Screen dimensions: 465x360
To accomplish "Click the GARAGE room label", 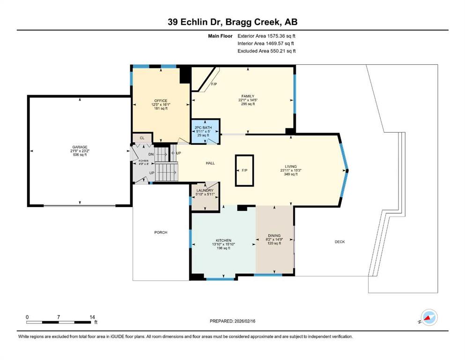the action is (80, 147).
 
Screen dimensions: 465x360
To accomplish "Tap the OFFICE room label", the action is (161, 101).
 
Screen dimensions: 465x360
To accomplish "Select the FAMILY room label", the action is (248, 96).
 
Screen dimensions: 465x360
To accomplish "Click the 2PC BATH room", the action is (205, 131).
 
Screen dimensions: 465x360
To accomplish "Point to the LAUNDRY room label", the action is (205, 190).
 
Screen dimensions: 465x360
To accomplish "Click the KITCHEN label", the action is (223, 240).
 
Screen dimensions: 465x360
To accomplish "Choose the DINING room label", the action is (274, 236).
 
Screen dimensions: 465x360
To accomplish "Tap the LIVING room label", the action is (291, 166).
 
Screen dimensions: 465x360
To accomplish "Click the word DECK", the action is (340, 242).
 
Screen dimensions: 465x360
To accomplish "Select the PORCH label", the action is (161, 232).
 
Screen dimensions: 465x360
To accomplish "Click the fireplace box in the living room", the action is (244, 171).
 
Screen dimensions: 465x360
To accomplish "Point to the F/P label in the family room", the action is (214, 84).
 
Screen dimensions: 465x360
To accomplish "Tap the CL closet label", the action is (142, 138).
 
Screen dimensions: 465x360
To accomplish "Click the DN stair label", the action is (151, 154).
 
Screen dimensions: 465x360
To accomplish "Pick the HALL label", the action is (210, 163).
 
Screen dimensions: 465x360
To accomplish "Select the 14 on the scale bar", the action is (92, 317).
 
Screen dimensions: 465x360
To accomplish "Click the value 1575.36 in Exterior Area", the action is (276, 36).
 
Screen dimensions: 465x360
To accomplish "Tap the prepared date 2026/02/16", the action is (245, 321).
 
